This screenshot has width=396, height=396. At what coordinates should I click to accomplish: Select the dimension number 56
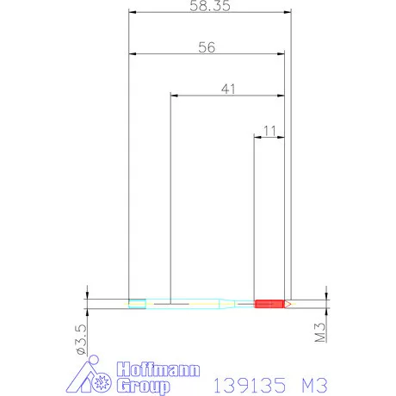[x=206, y=47]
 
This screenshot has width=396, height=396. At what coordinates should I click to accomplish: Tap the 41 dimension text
[x=227, y=89]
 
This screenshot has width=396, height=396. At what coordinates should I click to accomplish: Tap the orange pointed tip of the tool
[x=289, y=303]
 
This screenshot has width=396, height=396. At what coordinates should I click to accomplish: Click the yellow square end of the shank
[x=136, y=303]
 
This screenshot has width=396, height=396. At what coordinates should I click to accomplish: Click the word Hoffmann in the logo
[x=158, y=369]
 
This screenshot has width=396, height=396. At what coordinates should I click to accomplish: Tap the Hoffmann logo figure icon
[x=90, y=376]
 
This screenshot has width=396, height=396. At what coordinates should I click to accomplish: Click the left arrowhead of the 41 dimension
[x=173, y=96]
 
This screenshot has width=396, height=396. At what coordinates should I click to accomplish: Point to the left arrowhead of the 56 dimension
[x=132, y=54]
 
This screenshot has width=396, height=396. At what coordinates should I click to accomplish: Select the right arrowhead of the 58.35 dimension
[x=289, y=13]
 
